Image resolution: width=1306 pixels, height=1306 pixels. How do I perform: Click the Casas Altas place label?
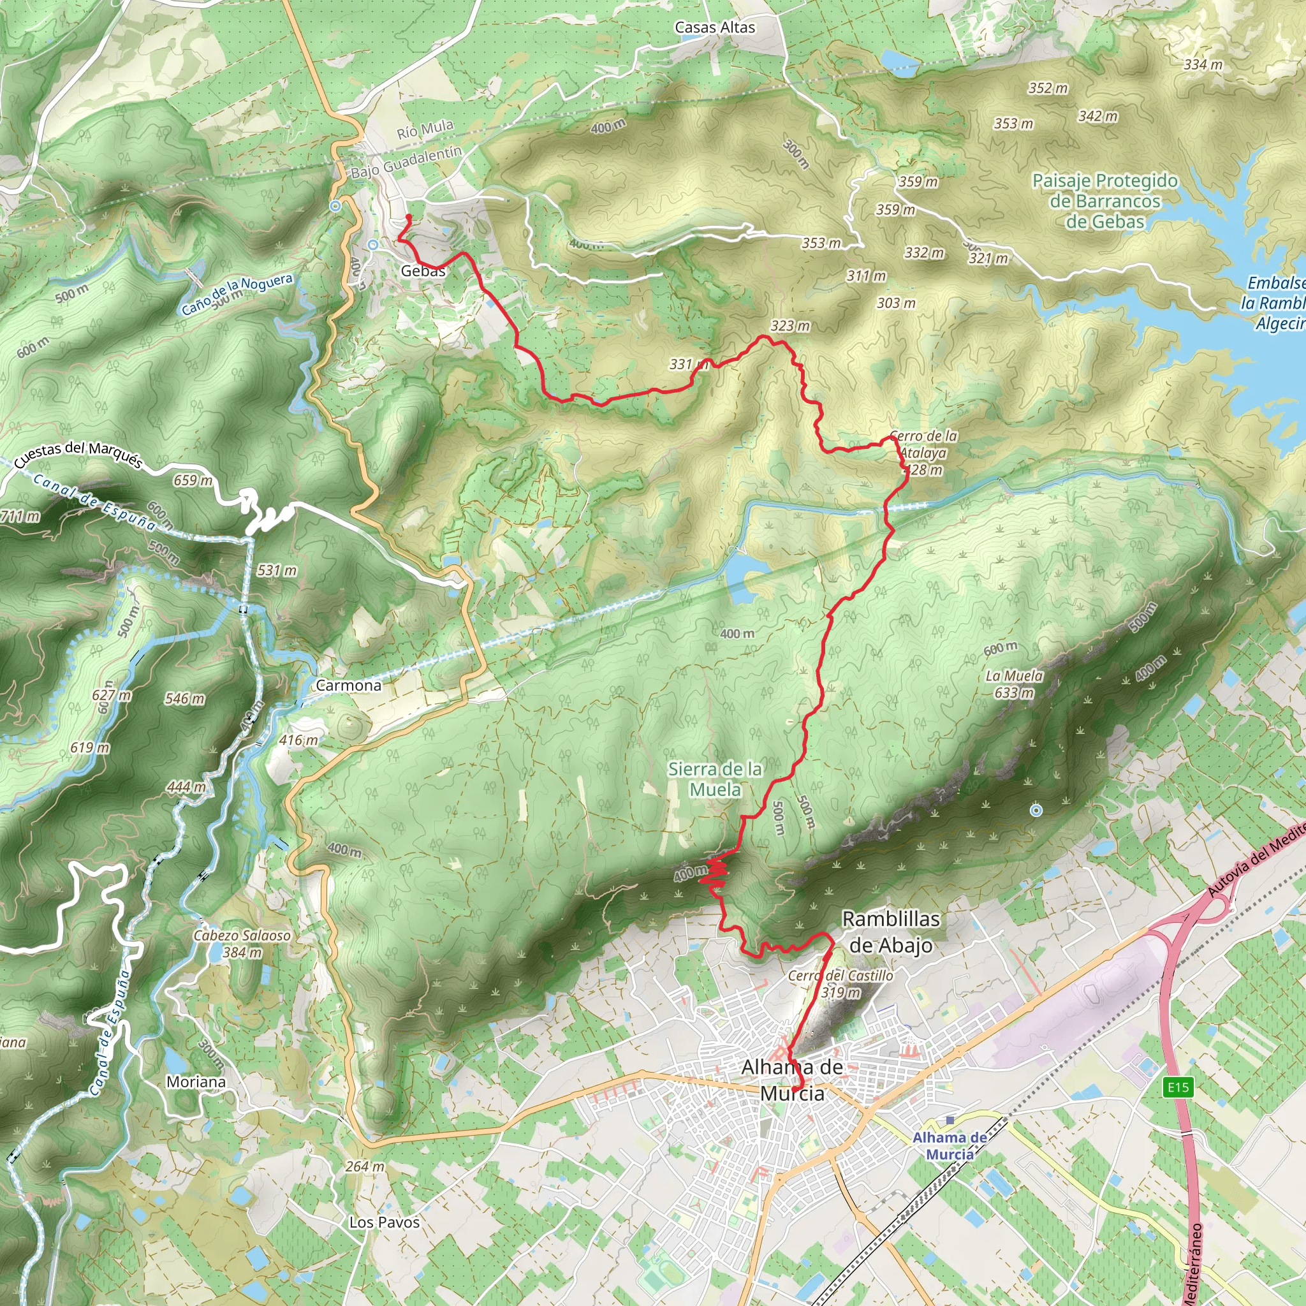pos(714,27)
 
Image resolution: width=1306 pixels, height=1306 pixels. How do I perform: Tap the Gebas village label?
pos(423,271)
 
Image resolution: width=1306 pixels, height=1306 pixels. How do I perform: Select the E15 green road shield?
pos(1178,1087)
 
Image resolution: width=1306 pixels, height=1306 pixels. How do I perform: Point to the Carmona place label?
pos(349,686)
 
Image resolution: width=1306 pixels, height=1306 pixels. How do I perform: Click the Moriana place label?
pos(196,1082)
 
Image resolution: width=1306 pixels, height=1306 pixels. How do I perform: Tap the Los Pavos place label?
pos(384,1222)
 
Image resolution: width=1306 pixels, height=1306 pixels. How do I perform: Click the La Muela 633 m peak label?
pos(1014,684)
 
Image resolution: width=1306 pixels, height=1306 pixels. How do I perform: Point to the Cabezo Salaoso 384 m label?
pos(242,944)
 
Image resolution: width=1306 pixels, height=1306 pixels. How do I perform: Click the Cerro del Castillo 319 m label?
pos(841,983)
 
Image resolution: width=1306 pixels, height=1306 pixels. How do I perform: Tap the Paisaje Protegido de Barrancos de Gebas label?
pos(1104,201)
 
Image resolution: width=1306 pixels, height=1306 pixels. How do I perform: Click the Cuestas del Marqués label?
pos(78,455)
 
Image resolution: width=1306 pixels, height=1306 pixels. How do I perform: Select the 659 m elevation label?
pos(193,481)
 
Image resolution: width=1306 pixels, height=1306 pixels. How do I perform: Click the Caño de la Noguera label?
pos(237,294)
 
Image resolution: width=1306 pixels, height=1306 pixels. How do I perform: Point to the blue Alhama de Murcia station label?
pos(950,1145)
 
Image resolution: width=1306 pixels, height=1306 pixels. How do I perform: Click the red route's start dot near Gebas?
pos(409,217)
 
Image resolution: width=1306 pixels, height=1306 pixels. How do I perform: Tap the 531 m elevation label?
pos(277,571)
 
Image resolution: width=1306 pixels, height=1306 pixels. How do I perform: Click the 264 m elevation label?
pos(365,1167)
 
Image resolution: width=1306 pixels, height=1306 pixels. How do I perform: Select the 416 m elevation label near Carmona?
pos(298,740)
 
